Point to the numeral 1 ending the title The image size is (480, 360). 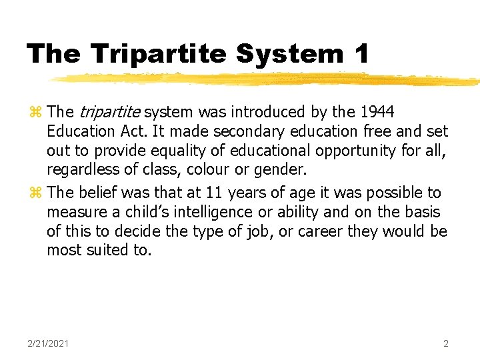(x=361, y=53)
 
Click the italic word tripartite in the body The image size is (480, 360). (x=110, y=112)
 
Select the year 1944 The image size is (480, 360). (x=377, y=112)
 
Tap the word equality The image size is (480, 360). (x=171, y=150)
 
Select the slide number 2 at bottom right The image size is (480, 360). (x=446, y=343)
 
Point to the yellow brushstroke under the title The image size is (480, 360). (x=267, y=79)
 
